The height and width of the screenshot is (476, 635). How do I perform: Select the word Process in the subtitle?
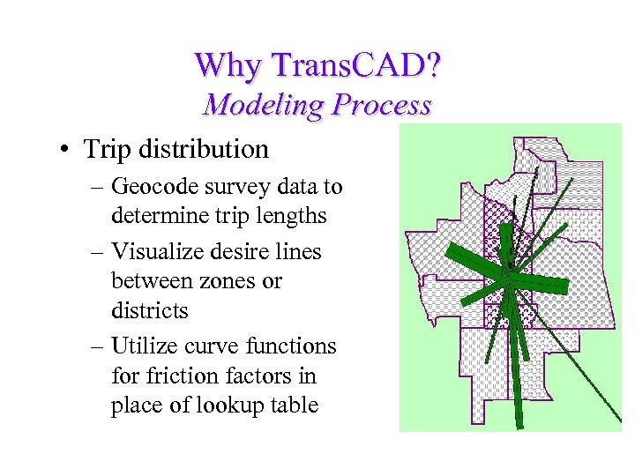pyautogui.click(x=381, y=106)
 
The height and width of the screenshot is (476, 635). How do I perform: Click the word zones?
pyautogui.click(x=214, y=281)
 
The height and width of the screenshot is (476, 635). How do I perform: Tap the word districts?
pyautogui.click(x=150, y=311)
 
